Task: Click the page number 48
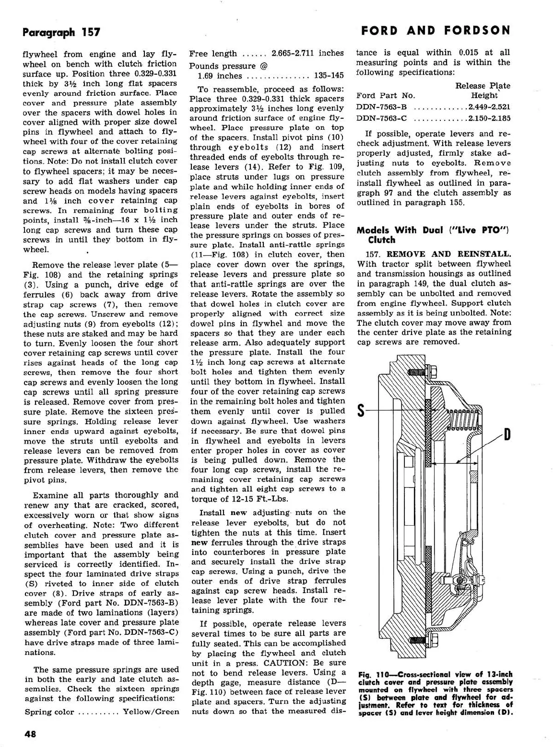(x=30, y=734)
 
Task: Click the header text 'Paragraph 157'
(x=61, y=32)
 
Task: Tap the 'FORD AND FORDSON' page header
(x=436, y=31)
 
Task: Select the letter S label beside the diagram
(x=362, y=411)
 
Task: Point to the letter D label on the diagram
(x=507, y=435)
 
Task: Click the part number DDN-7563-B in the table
(x=382, y=107)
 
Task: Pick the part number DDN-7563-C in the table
(x=382, y=118)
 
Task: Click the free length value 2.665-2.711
(x=307, y=53)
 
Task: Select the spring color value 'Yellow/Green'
(x=151, y=712)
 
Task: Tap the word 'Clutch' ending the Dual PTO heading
(x=381, y=240)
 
